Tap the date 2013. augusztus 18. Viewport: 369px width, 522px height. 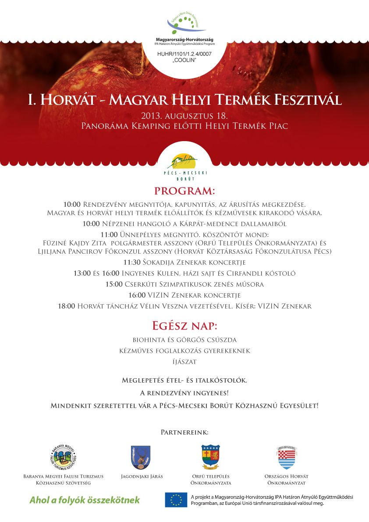click(184, 116)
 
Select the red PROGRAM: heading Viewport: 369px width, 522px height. click(184, 191)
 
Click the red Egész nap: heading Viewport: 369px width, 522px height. click(184, 326)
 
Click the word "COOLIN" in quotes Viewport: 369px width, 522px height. click(184, 60)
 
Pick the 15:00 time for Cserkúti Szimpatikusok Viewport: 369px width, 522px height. click(114, 284)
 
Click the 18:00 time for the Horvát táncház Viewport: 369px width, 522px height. click(66, 306)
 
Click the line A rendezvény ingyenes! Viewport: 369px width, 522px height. click(184, 393)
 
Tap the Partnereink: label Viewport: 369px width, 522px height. click(184, 433)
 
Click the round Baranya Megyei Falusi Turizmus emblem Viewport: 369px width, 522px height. click(64, 457)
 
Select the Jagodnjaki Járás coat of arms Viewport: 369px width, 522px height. click(140, 457)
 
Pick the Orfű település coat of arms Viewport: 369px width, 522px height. click(210, 457)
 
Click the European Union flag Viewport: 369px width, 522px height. click(176, 500)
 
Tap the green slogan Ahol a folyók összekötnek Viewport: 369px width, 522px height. click(85, 500)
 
